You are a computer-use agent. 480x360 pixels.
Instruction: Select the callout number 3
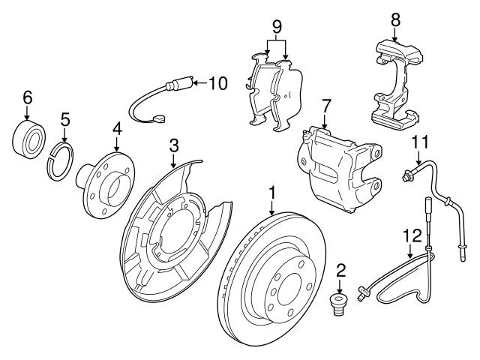coord(173,143)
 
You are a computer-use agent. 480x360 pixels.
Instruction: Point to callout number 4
coord(117,129)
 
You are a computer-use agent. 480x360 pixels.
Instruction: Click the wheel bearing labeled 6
coord(29,136)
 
